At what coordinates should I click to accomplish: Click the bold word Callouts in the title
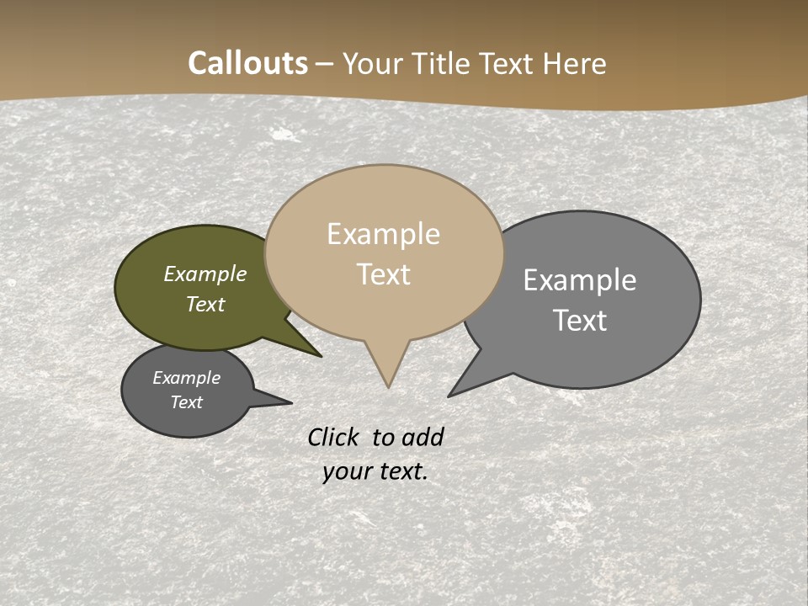tap(247, 63)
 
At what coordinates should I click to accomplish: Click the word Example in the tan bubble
tap(383, 234)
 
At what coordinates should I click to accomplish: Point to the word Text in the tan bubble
tap(383, 274)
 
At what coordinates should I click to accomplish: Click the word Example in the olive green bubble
tap(205, 274)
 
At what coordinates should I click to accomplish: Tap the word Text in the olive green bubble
tap(205, 304)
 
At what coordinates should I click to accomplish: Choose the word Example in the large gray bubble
tap(580, 280)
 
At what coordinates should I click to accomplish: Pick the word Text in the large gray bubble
tap(580, 321)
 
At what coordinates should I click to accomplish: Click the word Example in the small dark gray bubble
tap(186, 378)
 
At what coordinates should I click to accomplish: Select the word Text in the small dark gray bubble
tap(186, 402)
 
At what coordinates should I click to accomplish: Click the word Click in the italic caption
tap(333, 438)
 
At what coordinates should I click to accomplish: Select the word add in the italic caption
tap(422, 438)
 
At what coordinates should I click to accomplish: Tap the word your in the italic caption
tap(347, 471)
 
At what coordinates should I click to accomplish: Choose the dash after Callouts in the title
tap(325, 64)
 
